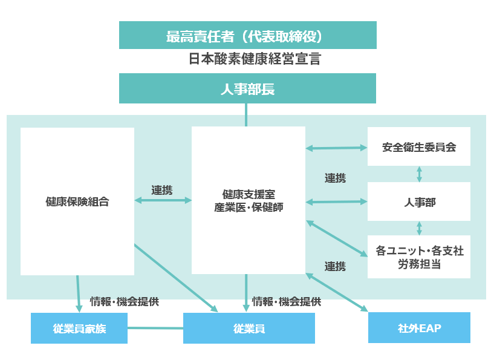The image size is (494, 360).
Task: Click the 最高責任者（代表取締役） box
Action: tap(247, 36)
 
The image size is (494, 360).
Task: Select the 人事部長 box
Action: tap(247, 89)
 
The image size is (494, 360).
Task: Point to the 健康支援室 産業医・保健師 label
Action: tap(248, 201)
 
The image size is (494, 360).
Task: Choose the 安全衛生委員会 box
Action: tap(418, 147)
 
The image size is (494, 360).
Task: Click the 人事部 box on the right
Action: tap(418, 202)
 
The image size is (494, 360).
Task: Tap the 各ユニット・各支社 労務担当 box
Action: tap(418, 257)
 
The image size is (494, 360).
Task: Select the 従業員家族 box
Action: tap(79, 329)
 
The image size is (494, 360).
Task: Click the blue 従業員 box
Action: tap(249, 329)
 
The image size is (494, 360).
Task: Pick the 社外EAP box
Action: tap(418, 328)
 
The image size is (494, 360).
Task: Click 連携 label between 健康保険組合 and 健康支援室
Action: tap(162, 190)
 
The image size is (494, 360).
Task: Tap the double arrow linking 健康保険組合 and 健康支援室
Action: tap(162, 200)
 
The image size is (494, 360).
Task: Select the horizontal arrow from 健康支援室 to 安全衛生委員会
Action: tap(336, 148)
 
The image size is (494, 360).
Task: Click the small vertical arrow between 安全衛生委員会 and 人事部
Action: tap(419, 174)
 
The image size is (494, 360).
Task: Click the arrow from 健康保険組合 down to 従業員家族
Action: tap(78, 293)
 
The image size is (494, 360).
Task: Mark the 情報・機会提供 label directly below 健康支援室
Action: tap(286, 301)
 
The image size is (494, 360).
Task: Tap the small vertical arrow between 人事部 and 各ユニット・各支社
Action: tap(419, 228)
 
